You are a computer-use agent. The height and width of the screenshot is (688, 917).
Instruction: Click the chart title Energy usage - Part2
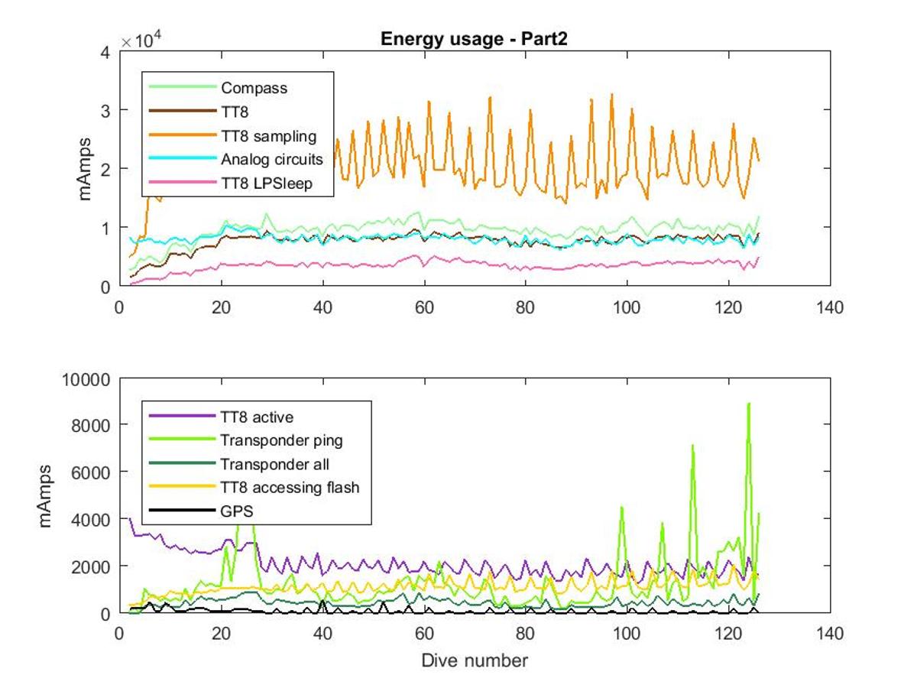(474, 39)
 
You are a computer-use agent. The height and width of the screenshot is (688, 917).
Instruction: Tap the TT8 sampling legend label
(269, 136)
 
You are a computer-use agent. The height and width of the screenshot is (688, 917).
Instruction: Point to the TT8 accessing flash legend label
(290, 488)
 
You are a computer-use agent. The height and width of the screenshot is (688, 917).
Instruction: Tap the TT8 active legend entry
(257, 417)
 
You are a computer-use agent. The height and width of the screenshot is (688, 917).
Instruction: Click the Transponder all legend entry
(274, 464)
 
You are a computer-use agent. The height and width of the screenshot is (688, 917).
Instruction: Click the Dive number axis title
(475, 660)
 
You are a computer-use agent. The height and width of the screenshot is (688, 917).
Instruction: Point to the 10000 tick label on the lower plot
(86, 380)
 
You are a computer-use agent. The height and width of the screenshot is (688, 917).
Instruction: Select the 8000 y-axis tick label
(91, 426)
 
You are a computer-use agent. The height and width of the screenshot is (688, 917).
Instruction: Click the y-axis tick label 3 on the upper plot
(105, 111)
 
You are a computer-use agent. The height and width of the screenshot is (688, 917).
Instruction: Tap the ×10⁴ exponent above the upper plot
(141, 41)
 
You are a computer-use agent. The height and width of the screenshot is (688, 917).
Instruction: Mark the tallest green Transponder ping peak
(749, 404)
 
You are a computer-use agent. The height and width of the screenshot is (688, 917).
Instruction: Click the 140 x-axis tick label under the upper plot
(830, 308)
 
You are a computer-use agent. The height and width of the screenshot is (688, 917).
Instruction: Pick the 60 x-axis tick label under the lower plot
(424, 634)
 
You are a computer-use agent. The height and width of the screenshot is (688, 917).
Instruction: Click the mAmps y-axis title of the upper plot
(84, 169)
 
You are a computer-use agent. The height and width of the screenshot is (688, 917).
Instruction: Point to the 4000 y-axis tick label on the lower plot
(91, 520)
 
